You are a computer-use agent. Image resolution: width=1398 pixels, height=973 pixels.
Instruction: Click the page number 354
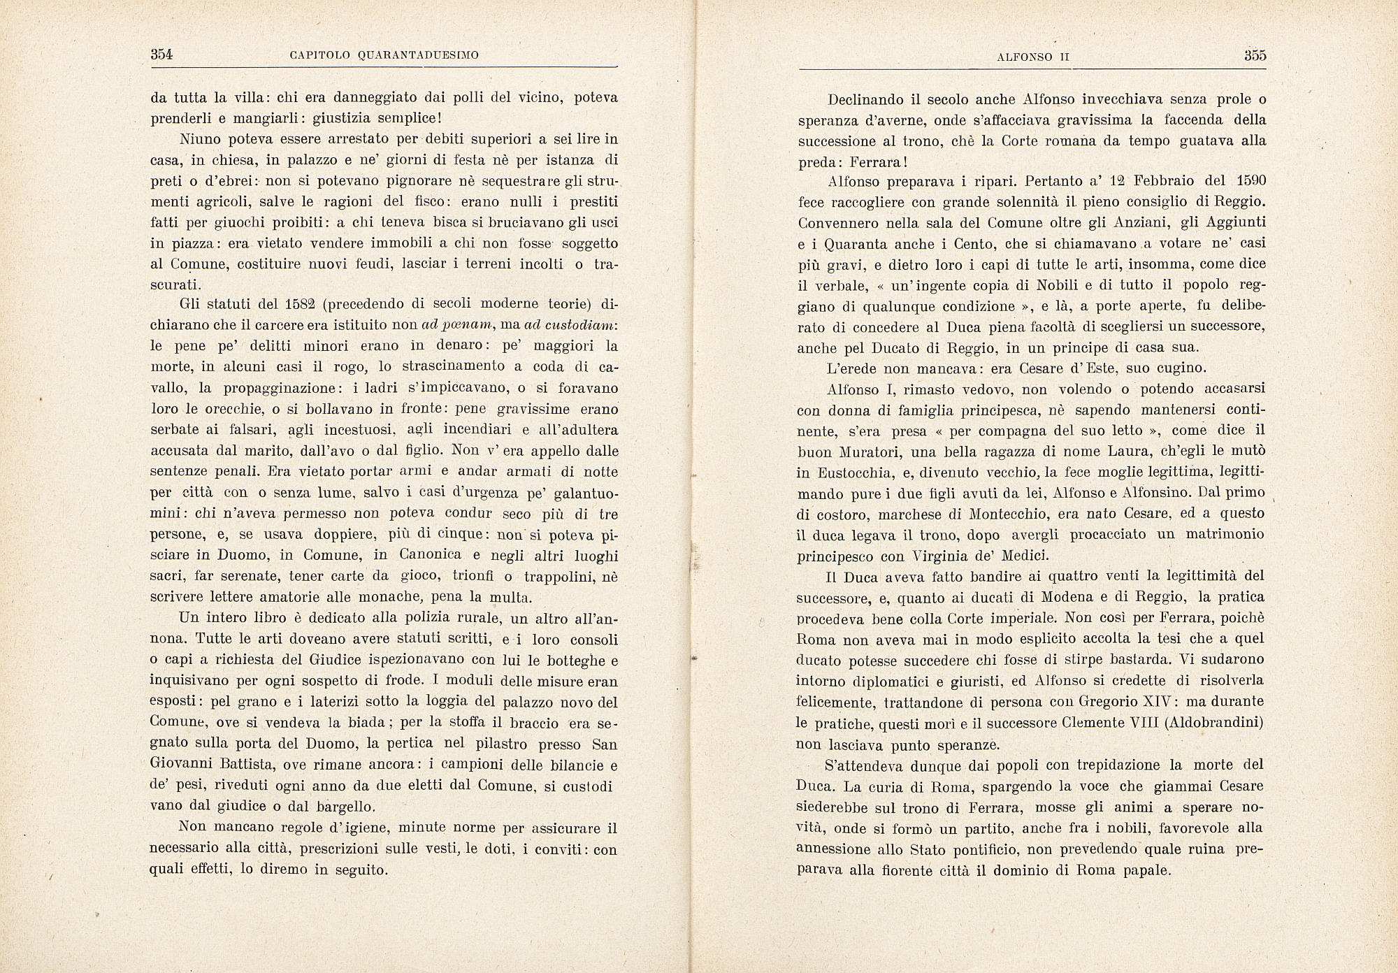click(161, 55)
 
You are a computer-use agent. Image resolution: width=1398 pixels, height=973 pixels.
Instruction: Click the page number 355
click(1255, 57)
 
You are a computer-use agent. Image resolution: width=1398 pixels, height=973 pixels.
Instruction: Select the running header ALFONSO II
click(1033, 57)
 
